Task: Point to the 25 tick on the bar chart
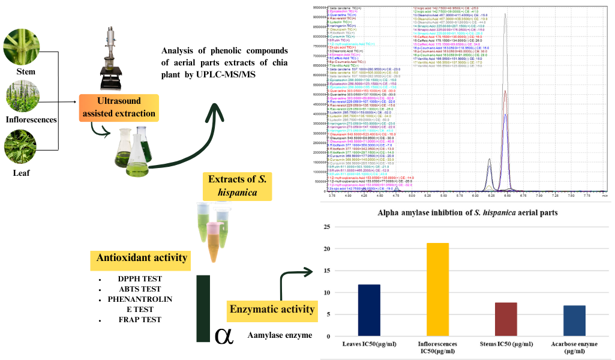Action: pyautogui.click(x=326, y=227)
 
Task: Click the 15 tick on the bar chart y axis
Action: pyautogui.click(x=326, y=271)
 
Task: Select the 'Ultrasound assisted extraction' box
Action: pyautogui.click(x=119, y=107)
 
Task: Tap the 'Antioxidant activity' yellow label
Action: pyautogui.click(x=142, y=258)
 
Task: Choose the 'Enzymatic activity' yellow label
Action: pyautogui.click(x=272, y=309)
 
